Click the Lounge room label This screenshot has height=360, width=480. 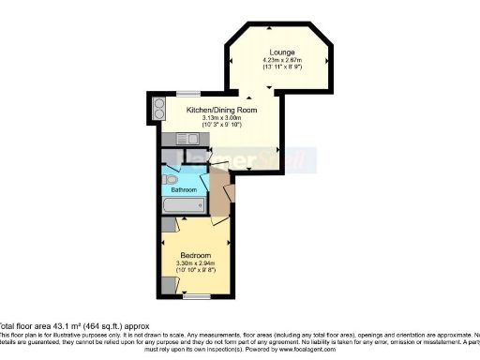pyautogui.click(x=281, y=52)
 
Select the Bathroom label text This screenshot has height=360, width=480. pyautogui.click(x=184, y=189)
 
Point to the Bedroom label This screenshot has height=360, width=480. pyautogui.click(x=195, y=255)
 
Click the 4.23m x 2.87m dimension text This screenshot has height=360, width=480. pyautogui.click(x=281, y=60)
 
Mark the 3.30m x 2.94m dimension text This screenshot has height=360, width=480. pyautogui.click(x=195, y=263)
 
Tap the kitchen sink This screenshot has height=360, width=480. pyautogui.click(x=190, y=139)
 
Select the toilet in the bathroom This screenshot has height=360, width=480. pyautogui.click(x=170, y=178)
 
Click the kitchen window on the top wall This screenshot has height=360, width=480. pyautogui.click(x=187, y=93)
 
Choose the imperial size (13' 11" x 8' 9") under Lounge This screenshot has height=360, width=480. pyautogui.click(x=281, y=68)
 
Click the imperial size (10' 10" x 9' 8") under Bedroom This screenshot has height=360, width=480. pyautogui.click(x=195, y=272)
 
